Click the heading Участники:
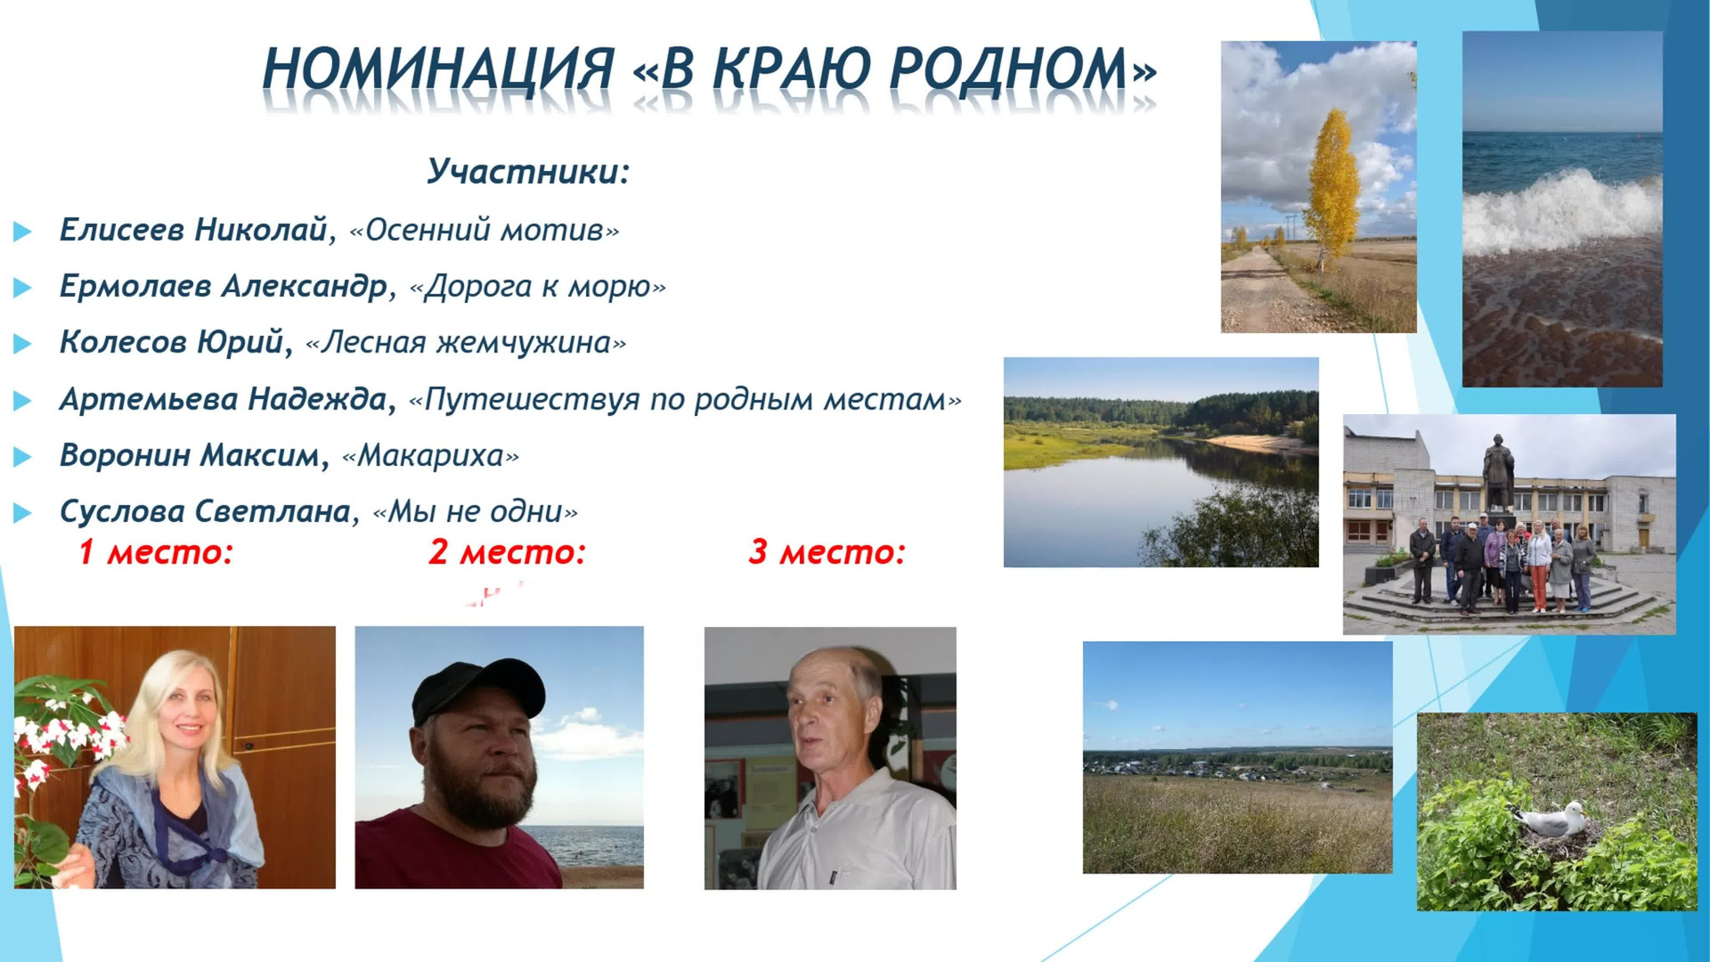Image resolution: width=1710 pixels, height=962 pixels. (x=527, y=171)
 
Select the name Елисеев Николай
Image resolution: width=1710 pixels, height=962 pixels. (x=193, y=230)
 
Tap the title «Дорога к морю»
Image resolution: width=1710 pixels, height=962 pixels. (x=537, y=287)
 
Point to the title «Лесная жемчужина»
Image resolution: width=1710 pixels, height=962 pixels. (x=465, y=343)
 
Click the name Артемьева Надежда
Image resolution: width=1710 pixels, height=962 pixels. (x=223, y=399)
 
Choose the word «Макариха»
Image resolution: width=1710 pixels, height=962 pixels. (x=430, y=456)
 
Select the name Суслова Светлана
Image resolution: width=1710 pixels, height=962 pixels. (x=205, y=512)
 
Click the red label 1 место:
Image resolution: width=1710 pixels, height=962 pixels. (x=155, y=552)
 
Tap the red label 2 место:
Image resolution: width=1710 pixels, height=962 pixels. (x=507, y=552)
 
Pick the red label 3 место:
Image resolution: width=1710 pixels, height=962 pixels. (x=826, y=552)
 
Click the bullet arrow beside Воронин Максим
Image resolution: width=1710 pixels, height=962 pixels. (x=23, y=457)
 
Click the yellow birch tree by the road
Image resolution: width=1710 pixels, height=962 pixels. (x=1331, y=187)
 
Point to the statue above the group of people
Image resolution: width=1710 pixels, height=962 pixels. (x=1498, y=472)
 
